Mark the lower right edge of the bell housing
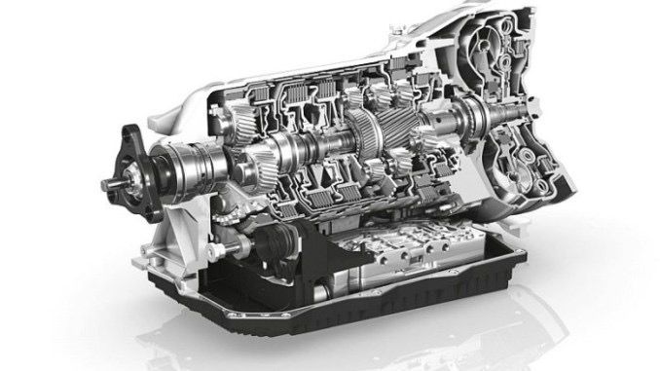pos(555,209)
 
